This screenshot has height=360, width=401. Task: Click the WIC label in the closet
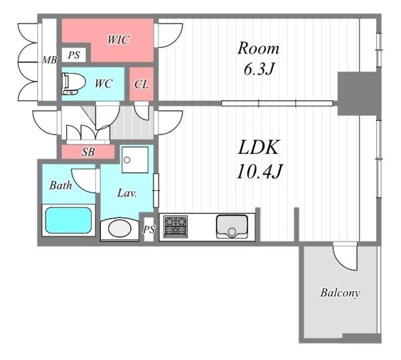pyautogui.click(x=119, y=40)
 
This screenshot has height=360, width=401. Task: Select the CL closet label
pyautogui.click(x=142, y=84)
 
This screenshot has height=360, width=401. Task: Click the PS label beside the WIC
pyautogui.click(x=74, y=55)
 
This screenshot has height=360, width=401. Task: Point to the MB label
pyautogui.click(x=49, y=60)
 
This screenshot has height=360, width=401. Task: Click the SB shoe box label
pyautogui.click(x=88, y=152)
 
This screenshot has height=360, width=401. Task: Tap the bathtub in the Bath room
pyautogui.click(x=69, y=220)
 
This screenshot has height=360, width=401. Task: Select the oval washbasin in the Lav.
pyautogui.click(x=120, y=229)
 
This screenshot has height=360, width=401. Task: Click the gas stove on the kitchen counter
pyautogui.click(x=175, y=227)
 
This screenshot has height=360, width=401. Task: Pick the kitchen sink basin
pyautogui.click(x=232, y=227)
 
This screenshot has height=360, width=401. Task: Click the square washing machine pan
pyautogui.click(x=135, y=160)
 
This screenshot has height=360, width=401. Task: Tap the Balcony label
pyautogui.click(x=340, y=292)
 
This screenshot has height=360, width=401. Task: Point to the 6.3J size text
pyautogui.click(x=259, y=69)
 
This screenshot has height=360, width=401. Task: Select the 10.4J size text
pyautogui.click(x=259, y=171)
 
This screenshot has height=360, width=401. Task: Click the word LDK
pyautogui.click(x=258, y=147)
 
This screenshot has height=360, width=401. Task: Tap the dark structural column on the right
pyautogui.click(x=359, y=94)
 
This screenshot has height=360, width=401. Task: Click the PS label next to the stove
pyautogui.click(x=149, y=230)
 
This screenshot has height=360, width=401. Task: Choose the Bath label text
pyautogui.click(x=60, y=185)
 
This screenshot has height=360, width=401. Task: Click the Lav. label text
pyautogui.click(x=127, y=193)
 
